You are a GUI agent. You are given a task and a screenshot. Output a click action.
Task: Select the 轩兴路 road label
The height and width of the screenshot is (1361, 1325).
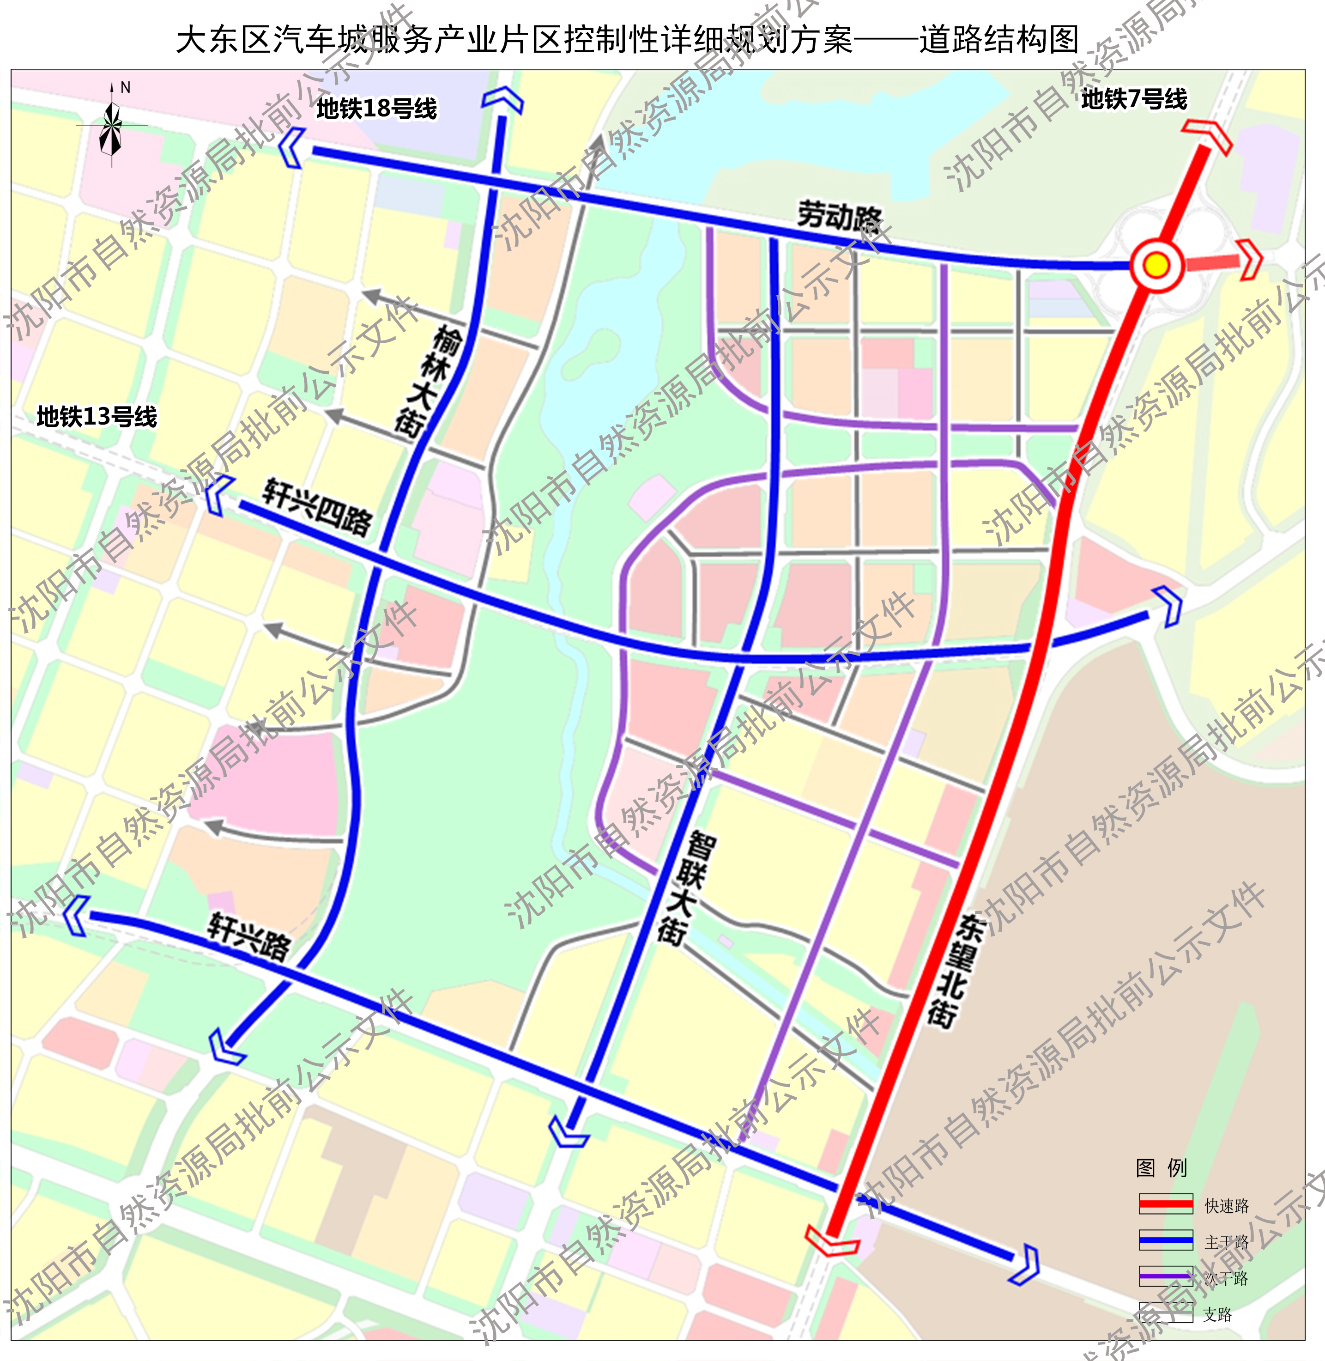tap(249, 937)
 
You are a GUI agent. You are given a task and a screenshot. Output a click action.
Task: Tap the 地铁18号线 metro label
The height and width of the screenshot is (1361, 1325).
tap(376, 109)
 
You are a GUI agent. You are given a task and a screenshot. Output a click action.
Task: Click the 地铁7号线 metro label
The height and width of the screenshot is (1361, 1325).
tap(1134, 99)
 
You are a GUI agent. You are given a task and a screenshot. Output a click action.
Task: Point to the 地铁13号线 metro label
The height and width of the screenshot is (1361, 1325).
tap(97, 417)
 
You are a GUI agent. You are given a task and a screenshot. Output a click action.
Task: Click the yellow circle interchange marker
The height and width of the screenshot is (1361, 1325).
tap(1156, 265)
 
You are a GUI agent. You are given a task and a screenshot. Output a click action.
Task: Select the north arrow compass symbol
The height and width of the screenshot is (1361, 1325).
tap(111, 125)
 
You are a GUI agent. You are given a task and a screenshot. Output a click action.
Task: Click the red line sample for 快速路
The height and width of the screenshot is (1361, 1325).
tap(1166, 1203)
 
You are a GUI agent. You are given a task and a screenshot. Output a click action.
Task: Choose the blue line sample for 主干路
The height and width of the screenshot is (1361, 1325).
tap(1166, 1240)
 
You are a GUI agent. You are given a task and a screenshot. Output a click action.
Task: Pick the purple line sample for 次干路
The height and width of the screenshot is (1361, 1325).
tap(1166, 1276)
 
